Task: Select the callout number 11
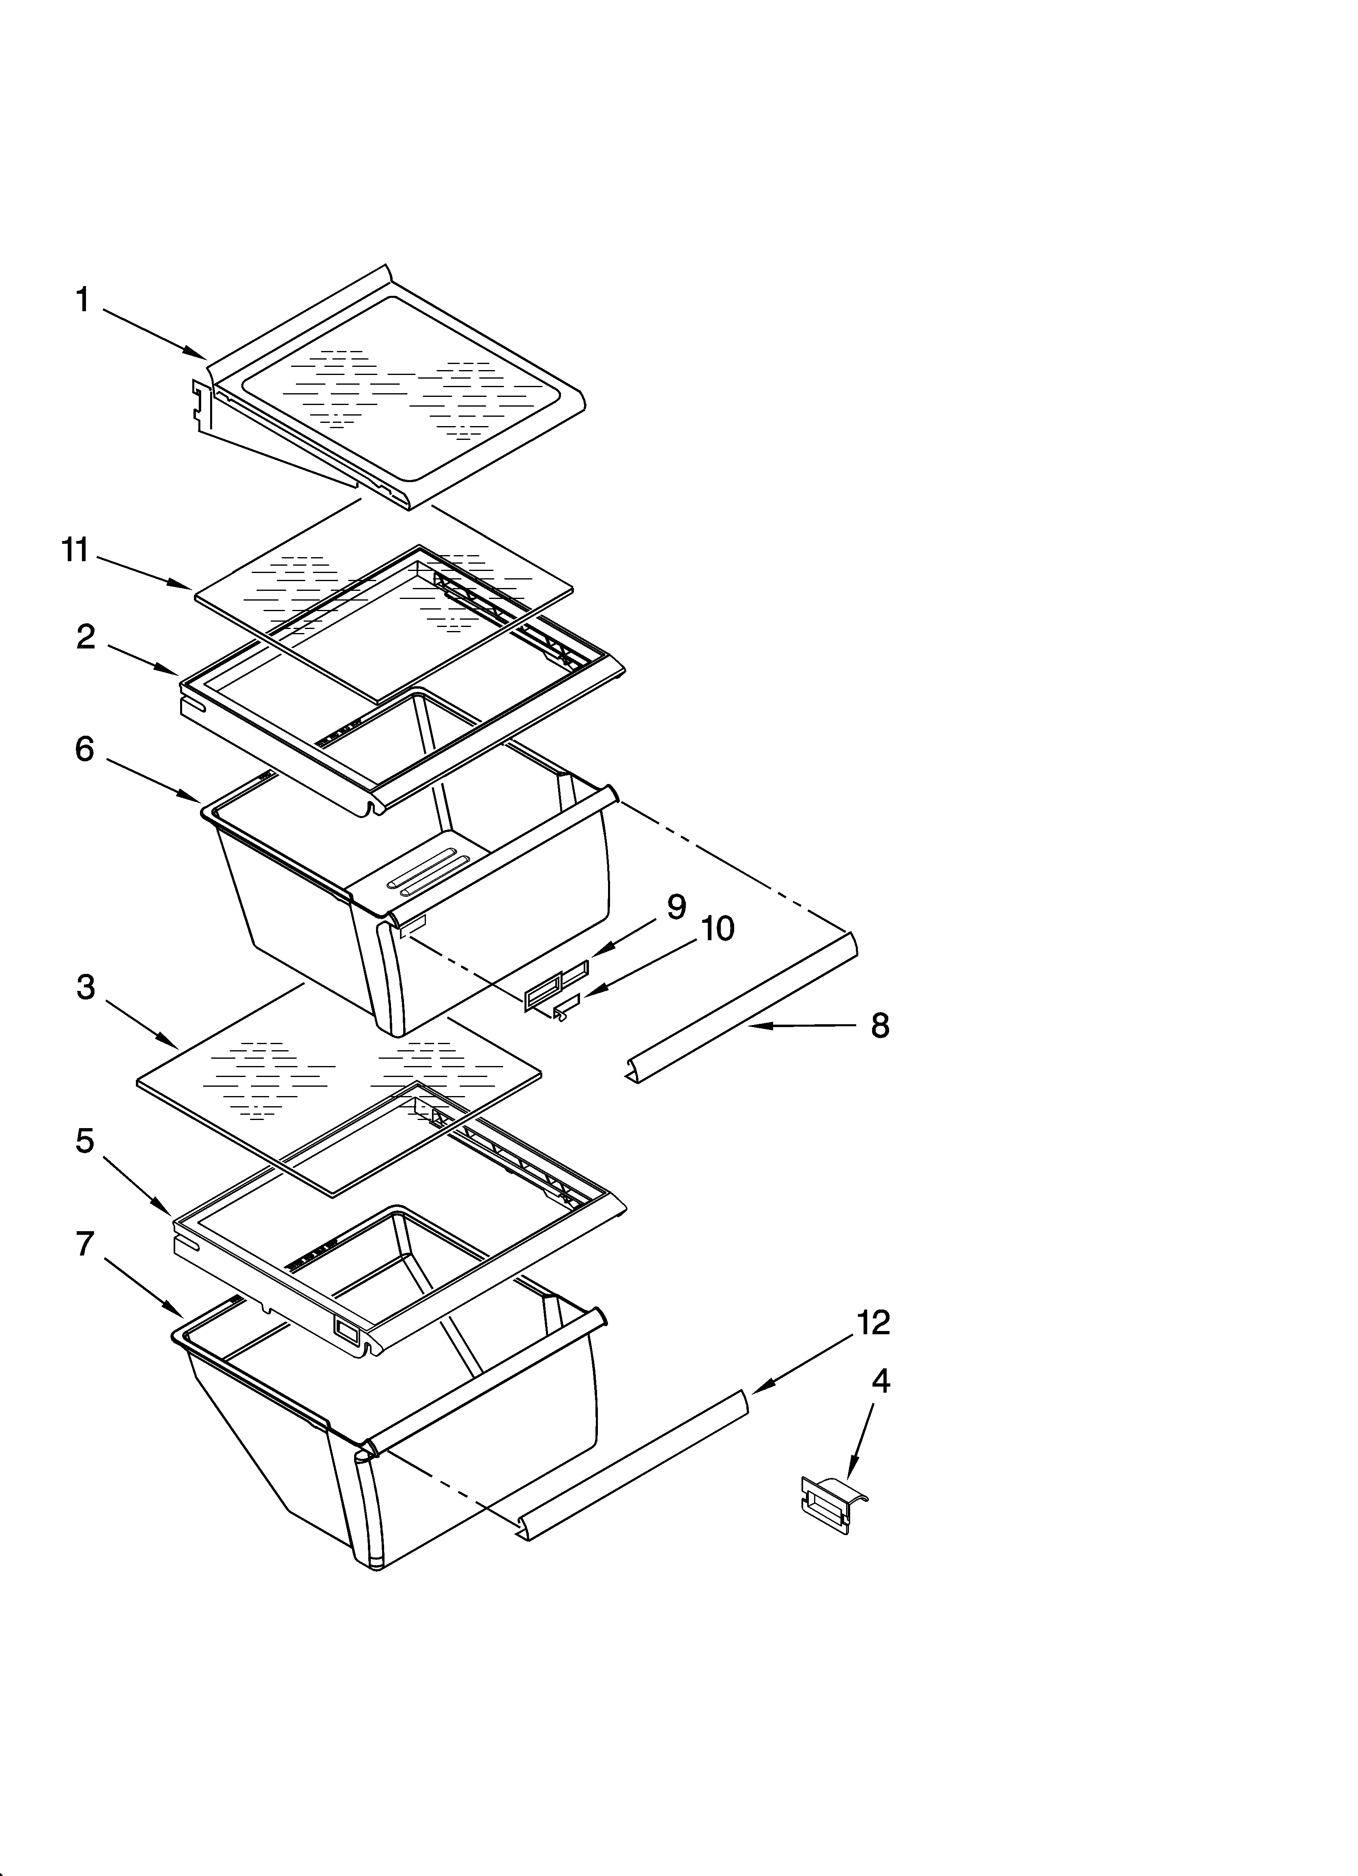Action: [x=75, y=550]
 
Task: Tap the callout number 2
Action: [x=85, y=637]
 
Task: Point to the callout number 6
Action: [x=84, y=750]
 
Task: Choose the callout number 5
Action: [x=84, y=1142]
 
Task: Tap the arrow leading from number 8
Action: [x=802, y=1026]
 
